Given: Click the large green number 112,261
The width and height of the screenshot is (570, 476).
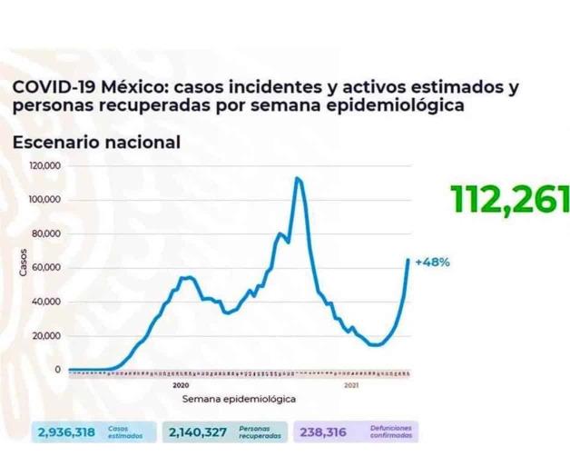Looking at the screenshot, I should (508, 200).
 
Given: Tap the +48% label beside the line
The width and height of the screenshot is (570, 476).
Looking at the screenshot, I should (432, 262).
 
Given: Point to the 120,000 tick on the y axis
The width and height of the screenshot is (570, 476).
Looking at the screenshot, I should (45, 166).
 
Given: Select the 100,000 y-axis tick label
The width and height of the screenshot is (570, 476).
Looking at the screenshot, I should (45, 200).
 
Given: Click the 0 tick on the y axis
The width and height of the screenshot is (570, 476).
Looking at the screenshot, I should (57, 370).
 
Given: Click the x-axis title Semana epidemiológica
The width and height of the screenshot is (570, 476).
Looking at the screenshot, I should (238, 398).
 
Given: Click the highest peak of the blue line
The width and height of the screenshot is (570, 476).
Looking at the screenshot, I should (298, 178).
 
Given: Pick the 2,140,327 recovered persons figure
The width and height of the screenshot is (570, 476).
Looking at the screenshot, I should (199, 433).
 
